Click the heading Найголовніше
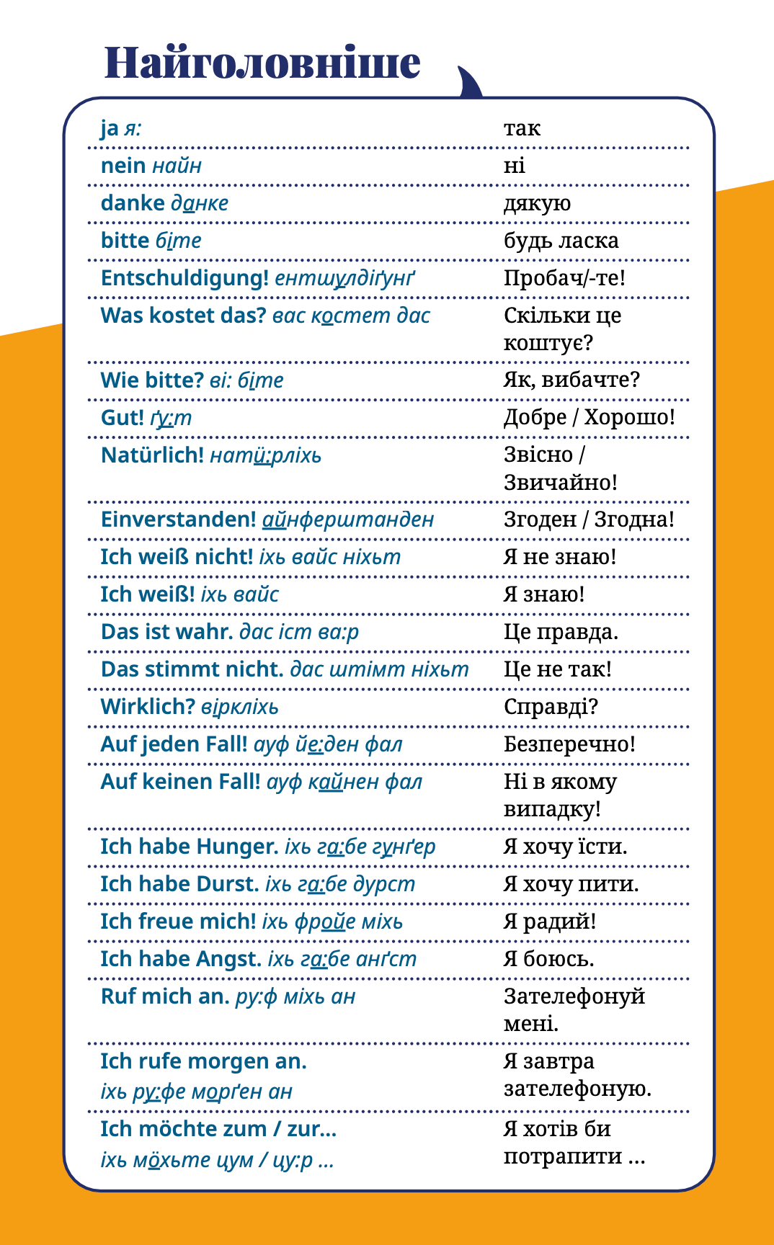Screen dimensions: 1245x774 [262, 63]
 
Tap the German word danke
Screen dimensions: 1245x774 [133, 203]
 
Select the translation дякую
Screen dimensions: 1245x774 [537, 204]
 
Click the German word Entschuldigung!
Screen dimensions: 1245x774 [184, 278]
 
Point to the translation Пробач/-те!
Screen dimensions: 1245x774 [564, 278]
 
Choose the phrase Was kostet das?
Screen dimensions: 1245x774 [183, 316]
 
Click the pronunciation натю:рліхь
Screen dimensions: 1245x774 [266, 455]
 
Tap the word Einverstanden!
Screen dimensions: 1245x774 [178, 519]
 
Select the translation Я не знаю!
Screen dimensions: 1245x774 [560, 557]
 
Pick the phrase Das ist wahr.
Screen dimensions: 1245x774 [166, 632]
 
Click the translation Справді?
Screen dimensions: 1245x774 [551, 707]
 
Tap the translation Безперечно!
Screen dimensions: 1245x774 [569, 744]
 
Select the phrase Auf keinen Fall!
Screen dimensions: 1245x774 [180, 782]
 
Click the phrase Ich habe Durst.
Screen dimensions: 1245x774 [179, 884]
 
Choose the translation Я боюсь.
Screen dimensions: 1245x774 [548, 959]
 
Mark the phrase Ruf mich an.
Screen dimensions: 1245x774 [164, 996]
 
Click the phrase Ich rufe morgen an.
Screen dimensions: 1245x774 [203, 1061]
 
